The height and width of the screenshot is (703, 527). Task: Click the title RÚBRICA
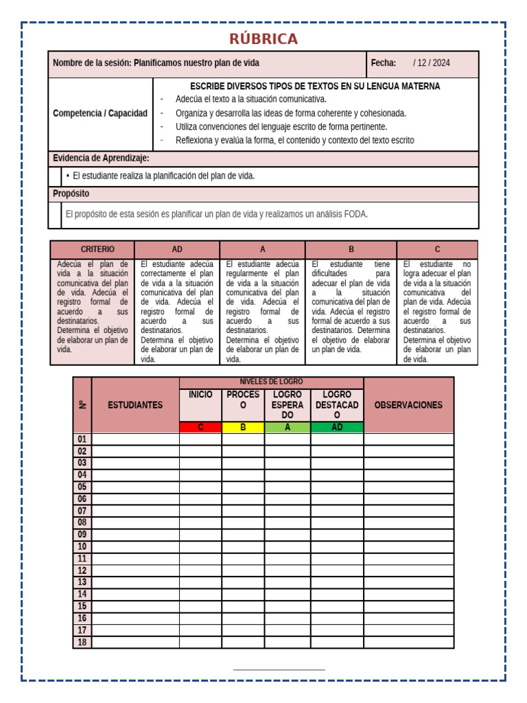pos(263,38)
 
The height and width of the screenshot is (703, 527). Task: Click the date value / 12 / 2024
pos(432,63)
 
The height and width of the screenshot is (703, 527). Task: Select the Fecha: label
pos(384,63)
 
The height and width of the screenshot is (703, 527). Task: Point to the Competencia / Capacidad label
pos(100,113)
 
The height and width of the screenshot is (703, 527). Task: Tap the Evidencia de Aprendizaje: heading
pos(101,159)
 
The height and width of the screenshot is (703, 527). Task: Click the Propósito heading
pos(71,194)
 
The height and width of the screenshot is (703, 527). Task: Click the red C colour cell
pos(200,427)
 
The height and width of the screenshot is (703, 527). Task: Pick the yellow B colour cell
pos(243,427)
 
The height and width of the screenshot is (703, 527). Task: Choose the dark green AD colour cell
pos(337,427)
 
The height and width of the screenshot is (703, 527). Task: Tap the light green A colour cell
pos(288,427)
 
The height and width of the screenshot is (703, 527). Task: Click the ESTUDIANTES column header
pos(135,405)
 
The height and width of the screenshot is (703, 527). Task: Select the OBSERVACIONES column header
pos(408,405)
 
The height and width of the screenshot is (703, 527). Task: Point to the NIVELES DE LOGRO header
pos(271,382)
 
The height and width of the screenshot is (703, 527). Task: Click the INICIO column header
pos(200,395)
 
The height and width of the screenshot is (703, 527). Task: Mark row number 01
pos(82,439)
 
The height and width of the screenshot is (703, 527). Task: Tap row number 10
pos(82,546)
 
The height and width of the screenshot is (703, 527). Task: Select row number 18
pos(82,642)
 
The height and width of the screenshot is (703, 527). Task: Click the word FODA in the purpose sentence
pos(355,214)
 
